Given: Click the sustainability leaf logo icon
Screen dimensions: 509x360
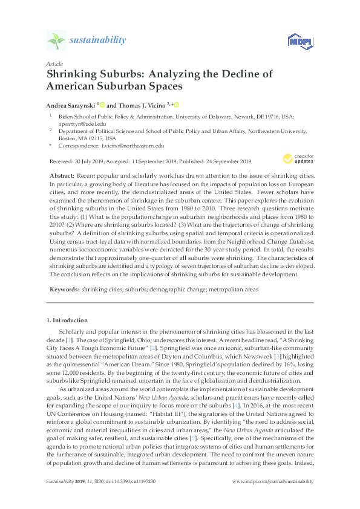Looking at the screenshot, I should coord(56,41).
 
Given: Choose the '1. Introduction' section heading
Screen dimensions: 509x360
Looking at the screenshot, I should coord(67,320).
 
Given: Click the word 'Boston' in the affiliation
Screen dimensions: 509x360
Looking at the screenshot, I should coord(68,138).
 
